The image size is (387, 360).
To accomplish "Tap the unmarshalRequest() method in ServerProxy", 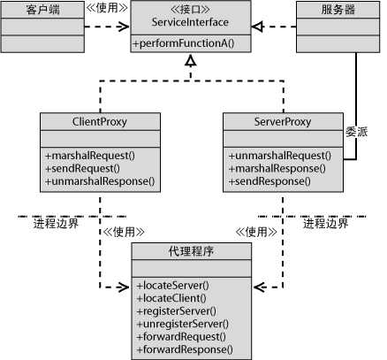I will [x=274, y=156].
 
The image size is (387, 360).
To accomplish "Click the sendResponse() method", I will [x=265, y=181].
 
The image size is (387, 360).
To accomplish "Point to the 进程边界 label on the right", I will [x=326, y=224].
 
